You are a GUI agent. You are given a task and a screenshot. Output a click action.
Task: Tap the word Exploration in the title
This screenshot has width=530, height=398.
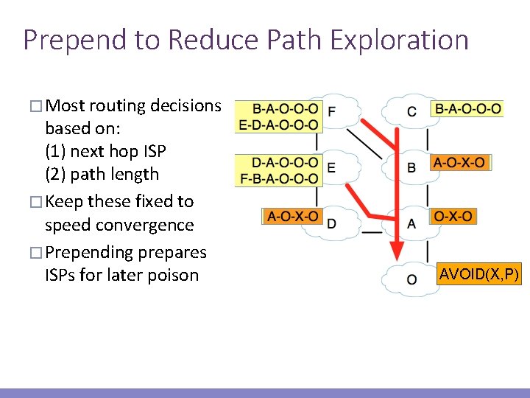(400, 40)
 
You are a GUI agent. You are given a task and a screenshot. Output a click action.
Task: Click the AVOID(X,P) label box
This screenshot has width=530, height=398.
(479, 276)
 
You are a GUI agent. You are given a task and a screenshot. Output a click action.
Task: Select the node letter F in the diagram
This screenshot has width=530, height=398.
(331, 112)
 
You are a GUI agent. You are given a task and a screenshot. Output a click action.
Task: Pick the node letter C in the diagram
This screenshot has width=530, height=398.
(411, 112)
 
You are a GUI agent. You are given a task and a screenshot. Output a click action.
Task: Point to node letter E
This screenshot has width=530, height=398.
(331, 168)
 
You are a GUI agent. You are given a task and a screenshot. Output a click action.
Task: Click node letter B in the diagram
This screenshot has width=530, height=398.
(411, 168)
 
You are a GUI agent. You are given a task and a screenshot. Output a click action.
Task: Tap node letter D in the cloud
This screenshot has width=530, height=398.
(331, 223)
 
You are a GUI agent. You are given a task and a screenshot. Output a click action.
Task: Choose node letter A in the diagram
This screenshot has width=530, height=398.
(411, 223)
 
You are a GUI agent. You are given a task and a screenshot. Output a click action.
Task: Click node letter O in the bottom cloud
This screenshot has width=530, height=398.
(411, 280)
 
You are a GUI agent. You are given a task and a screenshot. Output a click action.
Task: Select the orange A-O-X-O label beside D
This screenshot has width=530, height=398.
(293, 216)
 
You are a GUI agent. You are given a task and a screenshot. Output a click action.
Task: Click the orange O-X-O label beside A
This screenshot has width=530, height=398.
(453, 216)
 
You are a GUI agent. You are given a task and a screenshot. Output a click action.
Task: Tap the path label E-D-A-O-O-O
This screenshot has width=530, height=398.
(279, 125)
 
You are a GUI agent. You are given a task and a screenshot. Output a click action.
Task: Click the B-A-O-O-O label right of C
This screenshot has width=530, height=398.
(468, 109)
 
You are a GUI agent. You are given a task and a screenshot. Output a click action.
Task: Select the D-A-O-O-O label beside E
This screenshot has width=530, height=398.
(285, 162)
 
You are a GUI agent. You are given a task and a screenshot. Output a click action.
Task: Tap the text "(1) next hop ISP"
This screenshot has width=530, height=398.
(105, 151)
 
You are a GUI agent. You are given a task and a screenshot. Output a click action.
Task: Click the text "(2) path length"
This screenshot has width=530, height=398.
(102, 175)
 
